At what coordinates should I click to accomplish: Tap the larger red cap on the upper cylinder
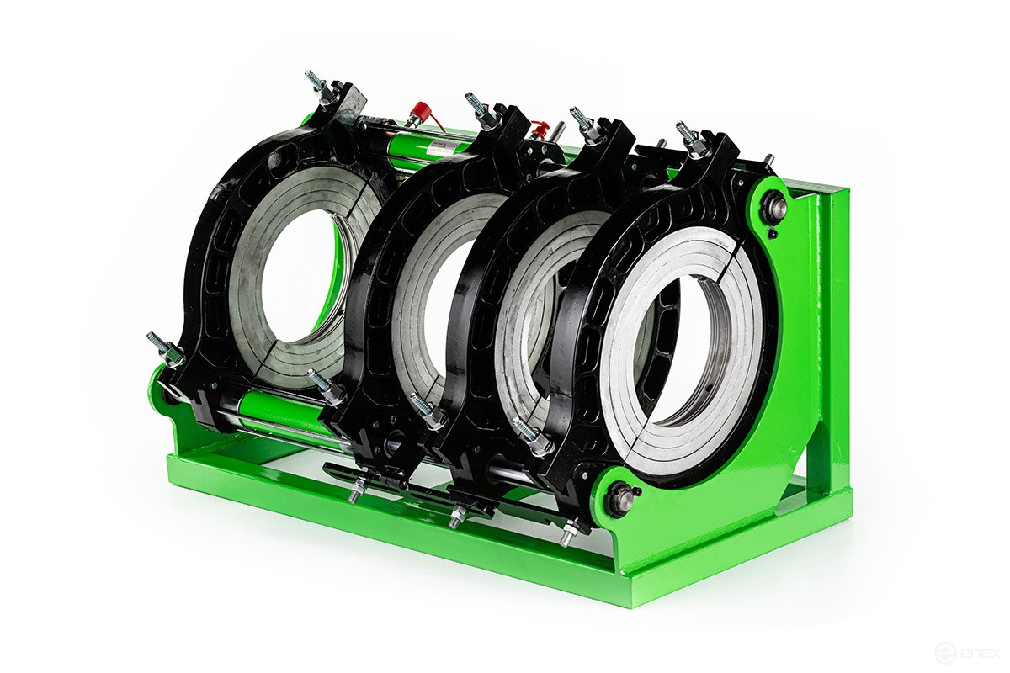tap(419, 112)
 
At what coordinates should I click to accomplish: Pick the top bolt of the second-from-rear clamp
tap(477, 105)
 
